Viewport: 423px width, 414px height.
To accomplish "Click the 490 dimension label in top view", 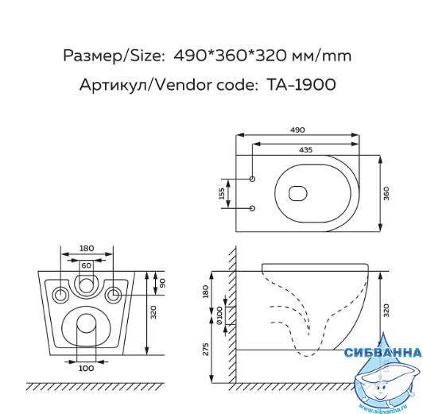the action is (297, 130).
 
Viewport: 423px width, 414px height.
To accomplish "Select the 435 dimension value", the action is (305, 150).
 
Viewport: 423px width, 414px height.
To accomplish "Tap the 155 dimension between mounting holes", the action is (222, 194).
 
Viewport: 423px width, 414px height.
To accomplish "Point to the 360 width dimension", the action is (386, 193).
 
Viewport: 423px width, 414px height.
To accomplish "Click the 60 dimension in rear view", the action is (87, 265).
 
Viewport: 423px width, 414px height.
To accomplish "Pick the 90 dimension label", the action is (162, 283).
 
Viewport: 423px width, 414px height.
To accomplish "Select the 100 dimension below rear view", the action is (87, 368).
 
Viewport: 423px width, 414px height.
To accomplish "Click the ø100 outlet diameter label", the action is (219, 315).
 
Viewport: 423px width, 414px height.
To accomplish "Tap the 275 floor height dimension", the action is (206, 349).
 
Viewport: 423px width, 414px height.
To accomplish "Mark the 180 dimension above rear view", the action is (87, 248).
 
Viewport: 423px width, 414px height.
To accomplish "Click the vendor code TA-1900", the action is (301, 85).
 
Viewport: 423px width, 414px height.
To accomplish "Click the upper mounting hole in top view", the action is (253, 179).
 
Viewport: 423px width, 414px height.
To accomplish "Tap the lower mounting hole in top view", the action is (253, 208).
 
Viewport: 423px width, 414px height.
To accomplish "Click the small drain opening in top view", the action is (298, 194).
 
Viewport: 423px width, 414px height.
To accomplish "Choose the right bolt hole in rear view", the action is (113, 295).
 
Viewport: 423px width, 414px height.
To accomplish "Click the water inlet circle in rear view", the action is (86, 286).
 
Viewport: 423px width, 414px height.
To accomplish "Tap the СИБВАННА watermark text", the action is (383, 353).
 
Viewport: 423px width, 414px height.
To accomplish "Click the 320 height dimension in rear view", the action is (153, 312).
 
